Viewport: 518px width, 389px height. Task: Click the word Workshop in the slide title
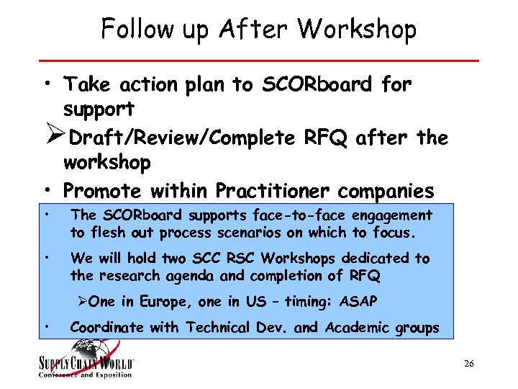click(x=356, y=29)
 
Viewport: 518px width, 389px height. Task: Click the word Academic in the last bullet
click(x=356, y=328)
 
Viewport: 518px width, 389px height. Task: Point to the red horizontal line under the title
click(x=258, y=61)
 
